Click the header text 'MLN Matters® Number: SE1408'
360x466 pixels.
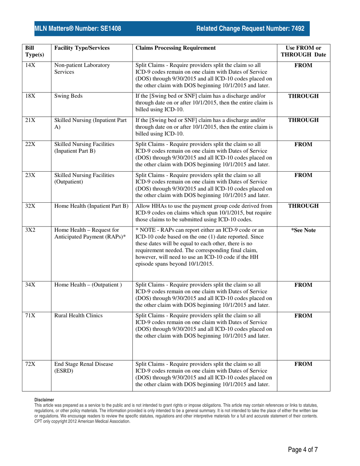78,28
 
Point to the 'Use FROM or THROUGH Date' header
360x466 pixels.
303,51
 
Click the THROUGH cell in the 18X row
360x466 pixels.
303,96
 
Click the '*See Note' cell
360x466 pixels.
303,230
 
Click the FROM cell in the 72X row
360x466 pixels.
303,364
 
